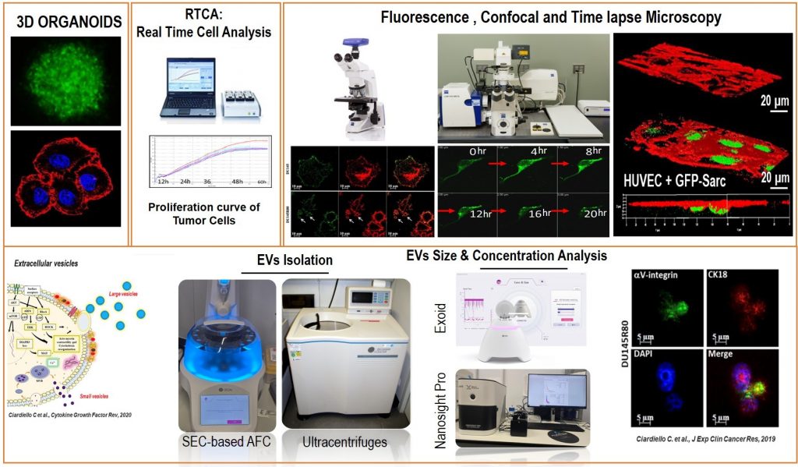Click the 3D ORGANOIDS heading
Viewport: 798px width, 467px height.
(x=69, y=23)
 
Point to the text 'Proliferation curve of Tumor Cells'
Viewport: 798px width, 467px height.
(x=203, y=214)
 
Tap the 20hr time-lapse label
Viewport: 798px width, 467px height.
(x=589, y=212)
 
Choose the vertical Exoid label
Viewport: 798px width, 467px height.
(x=438, y=318)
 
